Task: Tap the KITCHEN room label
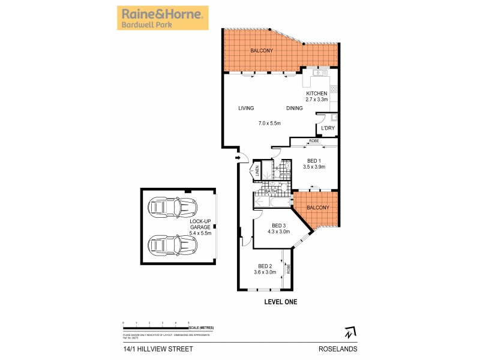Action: pyautogui.click(x=316, y=94)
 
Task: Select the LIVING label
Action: pyautogui.click(x=246, y=109)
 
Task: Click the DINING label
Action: pyautogui.click(x=294, y=109)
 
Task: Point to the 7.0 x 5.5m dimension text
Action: pyautogui.click(x=270, y=124)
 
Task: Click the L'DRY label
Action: pyautogui.click(x=328, y=128)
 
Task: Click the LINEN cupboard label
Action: pyautogui.click(x=257, y=172)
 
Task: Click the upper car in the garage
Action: pyautogui.click(x=173, y=208)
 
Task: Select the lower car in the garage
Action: pyautogui.click(x=173, y=244)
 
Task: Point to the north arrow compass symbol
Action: pyautogui.click(x=350, y=331)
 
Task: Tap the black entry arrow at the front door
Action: pyautogui.click(x=238, y=158)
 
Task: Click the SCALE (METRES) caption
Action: pyautogui.click(x=201, y=328)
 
